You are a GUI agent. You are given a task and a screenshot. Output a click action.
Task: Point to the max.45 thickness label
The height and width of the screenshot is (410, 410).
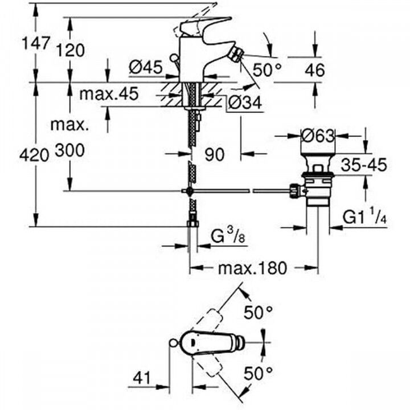click(x=108, y=94)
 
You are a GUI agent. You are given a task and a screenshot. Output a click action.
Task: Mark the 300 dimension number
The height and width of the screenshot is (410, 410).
click(x=70, y=150)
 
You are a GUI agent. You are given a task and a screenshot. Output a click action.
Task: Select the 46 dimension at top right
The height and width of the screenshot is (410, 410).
click(x=313, y=70)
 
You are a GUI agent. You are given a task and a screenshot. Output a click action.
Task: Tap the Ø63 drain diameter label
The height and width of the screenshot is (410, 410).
click(x=318, y=136)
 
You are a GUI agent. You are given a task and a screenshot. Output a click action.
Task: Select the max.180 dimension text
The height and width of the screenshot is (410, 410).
click(x=253, y=268)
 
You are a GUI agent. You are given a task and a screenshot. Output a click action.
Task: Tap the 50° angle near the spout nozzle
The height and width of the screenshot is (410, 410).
click(x=267, y=70)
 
